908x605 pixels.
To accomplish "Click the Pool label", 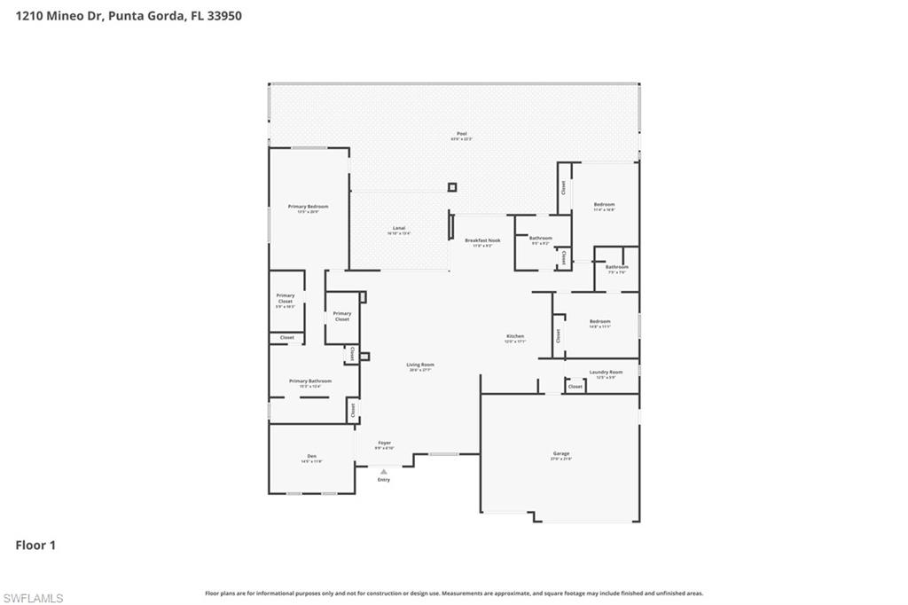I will (461, 134).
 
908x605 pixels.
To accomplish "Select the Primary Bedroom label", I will (308, 207).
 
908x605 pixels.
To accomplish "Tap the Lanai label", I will (399, 229).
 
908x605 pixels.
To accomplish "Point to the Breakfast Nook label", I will (482, 240).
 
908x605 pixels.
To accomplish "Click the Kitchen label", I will (515, 336).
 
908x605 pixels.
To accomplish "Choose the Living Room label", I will (420, 365).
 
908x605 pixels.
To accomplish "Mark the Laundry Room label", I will (606, 373).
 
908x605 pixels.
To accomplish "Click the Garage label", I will (561, 454).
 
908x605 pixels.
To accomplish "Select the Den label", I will (311, 457).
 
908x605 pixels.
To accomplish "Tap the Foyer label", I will (384, 443).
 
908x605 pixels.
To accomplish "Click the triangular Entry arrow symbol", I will (383, 472).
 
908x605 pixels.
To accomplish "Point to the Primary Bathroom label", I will (309, 381).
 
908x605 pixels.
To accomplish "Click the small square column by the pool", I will (452, 187).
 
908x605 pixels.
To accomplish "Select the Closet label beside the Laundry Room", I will (575, 387).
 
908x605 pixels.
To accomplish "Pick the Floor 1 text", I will (35, 546).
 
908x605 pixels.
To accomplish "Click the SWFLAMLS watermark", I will (33, 598).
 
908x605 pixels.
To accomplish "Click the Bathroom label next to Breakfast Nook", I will (541, 238).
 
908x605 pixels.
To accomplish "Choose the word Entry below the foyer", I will (383, 480).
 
